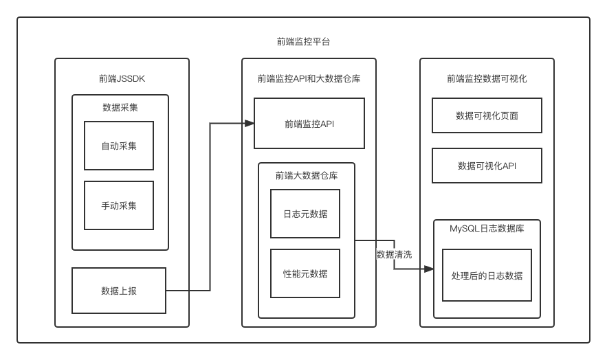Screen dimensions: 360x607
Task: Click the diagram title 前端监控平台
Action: pyautogui.click(x=303, y=42)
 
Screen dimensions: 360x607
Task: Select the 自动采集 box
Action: pyautogui.click(x=119, y=146)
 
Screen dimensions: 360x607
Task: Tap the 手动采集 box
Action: pyautogui.click(x=119, y=205)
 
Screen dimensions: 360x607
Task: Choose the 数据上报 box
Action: pyautogui.click(x=119, y=291)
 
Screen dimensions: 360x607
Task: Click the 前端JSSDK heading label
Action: pyautogui.click(x=122, y=78)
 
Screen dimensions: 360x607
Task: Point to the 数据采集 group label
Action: pyautogui.click(x=120, y=107)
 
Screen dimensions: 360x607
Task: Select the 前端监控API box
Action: pyautogui.click(x=309, y=124)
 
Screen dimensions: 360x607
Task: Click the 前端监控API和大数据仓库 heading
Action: pyautogui.click(x=309, y=78)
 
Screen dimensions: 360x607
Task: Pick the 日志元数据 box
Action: pyautogui.click(x=305, y=214)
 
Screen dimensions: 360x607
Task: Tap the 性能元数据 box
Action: pyautogui.click(x=305, y=273)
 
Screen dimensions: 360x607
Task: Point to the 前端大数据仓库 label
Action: pyautogui.click(x=307, y=175)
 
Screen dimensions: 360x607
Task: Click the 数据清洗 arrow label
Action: pyautogui.click(x=394, y=254)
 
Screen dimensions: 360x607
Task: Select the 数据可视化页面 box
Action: pyautogui.click(x=487, y=115)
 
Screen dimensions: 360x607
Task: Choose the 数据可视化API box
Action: pyautogui.click(x=487, y=166)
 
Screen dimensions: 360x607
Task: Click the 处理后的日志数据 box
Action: pyautogui.click(x=487, y=275)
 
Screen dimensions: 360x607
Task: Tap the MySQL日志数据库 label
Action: pyautogui.click(x=487, y=229)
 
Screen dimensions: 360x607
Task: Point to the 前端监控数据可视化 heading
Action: pyautogui.click(x=487, y=78)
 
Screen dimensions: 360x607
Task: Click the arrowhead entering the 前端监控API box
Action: pyautogui.click(x=250, y=124)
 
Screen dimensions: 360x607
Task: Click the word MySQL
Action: pyautogui.click(x=464, y=229)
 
